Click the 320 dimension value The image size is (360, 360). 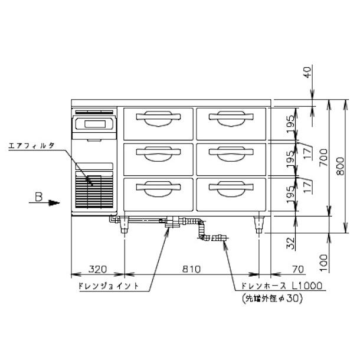(x=97, y=270)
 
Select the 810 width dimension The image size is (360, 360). (x=191, y=270)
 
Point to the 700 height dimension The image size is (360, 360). (x=322, y=158)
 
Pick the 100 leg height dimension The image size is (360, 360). (x=306, y=260)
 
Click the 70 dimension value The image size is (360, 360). (x=297, y=270)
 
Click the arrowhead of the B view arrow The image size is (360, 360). (x=55, y=203)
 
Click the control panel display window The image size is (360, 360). (x=93, y=125)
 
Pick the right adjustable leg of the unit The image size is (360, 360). (x=259, y=225)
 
